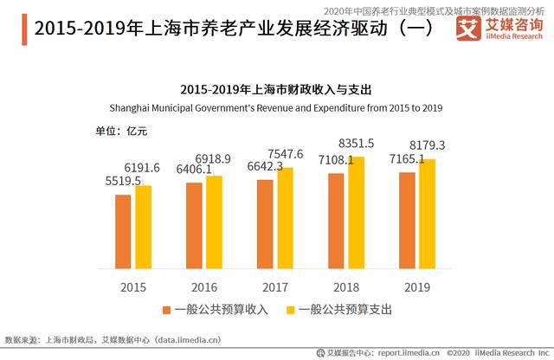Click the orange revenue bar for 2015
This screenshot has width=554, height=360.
pyautogui.click(x=123, y=232)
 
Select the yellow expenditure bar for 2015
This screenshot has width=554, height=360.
pyautogui.click(x=144, y=228)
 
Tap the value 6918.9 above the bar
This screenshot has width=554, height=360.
pyautogui.click(x=214, y=159)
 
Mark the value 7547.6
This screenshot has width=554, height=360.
pyautogui.click(x=285, y=154)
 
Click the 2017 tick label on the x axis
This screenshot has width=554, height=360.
pyautogui.click(x=275, y=287)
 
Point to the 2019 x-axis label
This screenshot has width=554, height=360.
pyautogui.click(x=417, y=287)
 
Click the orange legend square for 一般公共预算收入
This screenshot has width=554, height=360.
pyautogui.click(x=166, y=309)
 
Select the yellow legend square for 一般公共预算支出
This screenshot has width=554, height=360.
pyautogui.click(x=292, y=309)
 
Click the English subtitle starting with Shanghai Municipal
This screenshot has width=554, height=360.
pyautogui.click(x=276, y=107)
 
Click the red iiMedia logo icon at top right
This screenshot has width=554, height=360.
pyautogui.click(x=468, y=27)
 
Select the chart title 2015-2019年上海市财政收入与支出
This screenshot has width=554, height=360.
pyautogui.click(x=276, y=90)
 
